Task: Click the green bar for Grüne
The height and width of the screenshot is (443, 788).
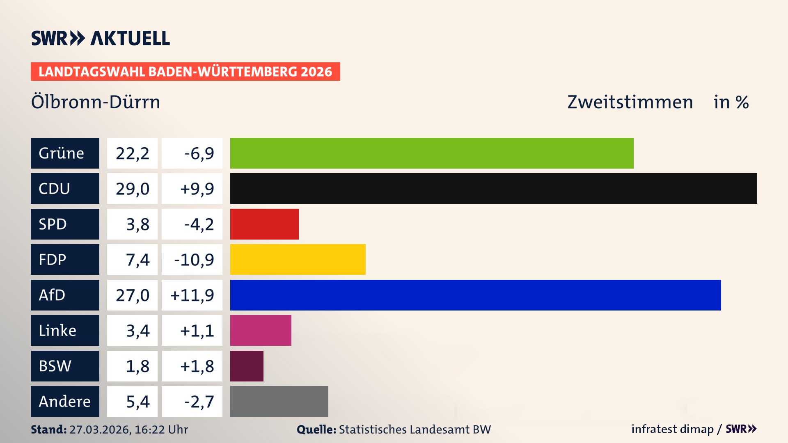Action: [432, 153]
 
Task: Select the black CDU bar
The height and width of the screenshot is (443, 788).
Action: [493, 188]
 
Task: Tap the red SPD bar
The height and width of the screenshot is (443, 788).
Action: [264, 224]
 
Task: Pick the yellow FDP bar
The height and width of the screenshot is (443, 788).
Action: [298, 259]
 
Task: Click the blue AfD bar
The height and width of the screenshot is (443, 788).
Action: [475, 295]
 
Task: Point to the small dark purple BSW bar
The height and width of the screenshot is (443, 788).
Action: [247, 366]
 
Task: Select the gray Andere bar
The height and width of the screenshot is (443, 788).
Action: [279, 401]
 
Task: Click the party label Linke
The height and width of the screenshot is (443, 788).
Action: [57, 331]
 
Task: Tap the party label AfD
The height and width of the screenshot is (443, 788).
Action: [52, 295]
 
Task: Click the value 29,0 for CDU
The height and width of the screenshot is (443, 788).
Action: [132, 189]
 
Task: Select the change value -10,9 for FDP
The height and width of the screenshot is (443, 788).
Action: [194, 260]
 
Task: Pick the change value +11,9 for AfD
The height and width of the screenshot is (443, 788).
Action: [192, 295]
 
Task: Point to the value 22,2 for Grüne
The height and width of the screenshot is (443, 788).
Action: [132, 153]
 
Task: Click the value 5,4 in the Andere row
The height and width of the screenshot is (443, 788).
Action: [137, 402]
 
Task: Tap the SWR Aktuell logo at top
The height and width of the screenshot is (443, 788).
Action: [100, 38]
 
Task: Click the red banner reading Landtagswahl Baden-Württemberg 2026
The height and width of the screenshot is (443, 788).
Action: [185, 72]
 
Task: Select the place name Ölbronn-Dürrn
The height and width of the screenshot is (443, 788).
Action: [96, 102]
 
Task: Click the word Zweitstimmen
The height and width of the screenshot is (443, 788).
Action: [630, 102]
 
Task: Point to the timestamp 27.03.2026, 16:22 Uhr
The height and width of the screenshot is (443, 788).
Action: [128, 429]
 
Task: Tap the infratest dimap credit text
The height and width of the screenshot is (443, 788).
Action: [672, 429]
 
